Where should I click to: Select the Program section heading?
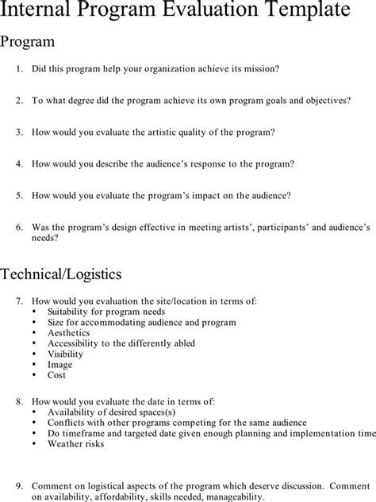(28, 40)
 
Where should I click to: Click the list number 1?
(19, 69)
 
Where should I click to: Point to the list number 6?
(19, 226)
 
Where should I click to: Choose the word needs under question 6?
(42, 236)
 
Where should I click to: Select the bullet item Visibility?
(65, 354)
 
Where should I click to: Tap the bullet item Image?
(59, 364)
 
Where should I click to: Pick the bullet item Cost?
(57, 374)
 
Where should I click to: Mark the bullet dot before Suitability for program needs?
(34, 312)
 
